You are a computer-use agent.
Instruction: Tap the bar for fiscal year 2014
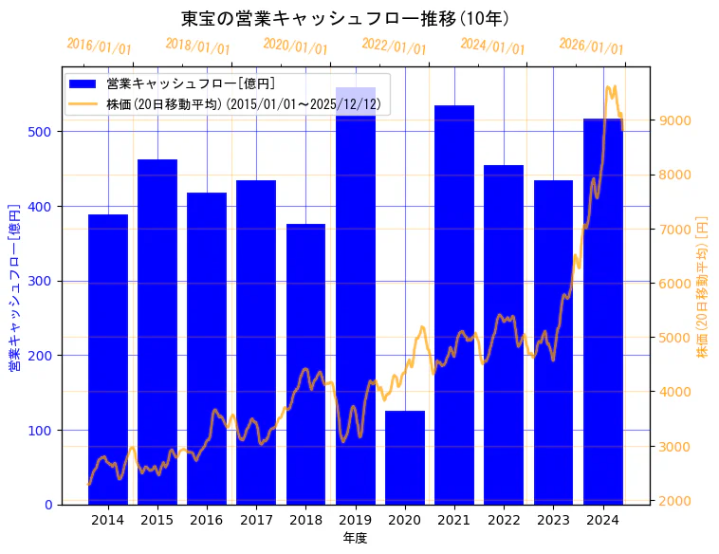click(108, 360)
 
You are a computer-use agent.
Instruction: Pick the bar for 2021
click(454, 305)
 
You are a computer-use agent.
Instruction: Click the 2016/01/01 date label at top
click(99, 46)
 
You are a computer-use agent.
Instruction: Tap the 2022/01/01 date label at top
click(394, 46)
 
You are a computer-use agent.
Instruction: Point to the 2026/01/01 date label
click(591, 46)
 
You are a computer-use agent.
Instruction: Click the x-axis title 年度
click(355, 538)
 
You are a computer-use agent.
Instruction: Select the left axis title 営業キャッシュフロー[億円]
click(14, 287)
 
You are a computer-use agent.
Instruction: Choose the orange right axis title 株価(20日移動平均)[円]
click(703, 286)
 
